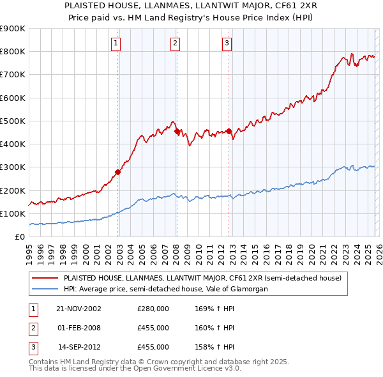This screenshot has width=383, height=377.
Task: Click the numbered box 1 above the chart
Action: [x=116, y=43]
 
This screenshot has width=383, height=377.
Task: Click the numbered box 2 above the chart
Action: [x=175, y=43]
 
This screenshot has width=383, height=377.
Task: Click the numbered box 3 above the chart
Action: [x=227, y=43]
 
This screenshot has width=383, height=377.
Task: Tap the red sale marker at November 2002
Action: [x=118, y=172]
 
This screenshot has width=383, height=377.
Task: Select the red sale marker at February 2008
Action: [x=177, y=131]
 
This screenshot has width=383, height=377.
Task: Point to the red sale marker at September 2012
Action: [x=229, y=131]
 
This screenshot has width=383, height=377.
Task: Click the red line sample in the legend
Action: [x=45, y=278]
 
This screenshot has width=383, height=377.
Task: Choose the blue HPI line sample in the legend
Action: [x=45, y=289]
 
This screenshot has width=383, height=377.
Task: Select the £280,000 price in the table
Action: [x=153, y=309]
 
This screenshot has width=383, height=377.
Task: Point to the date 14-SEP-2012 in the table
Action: [x=79, y=347]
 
